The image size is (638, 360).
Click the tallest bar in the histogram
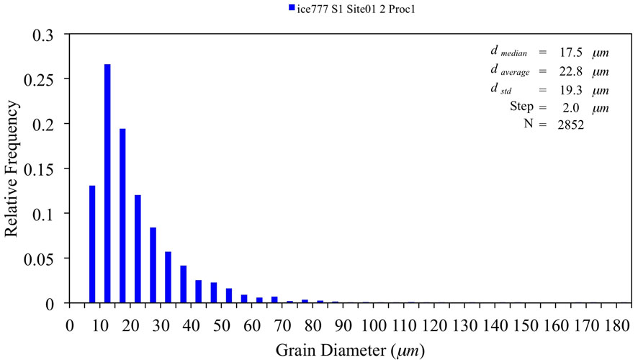(107, 184)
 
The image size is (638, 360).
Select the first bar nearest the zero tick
(92, 244)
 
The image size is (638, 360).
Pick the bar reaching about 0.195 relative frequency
(122, 216)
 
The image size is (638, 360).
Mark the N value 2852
(568, 125)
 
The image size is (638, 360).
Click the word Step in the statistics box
(521, 108)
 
